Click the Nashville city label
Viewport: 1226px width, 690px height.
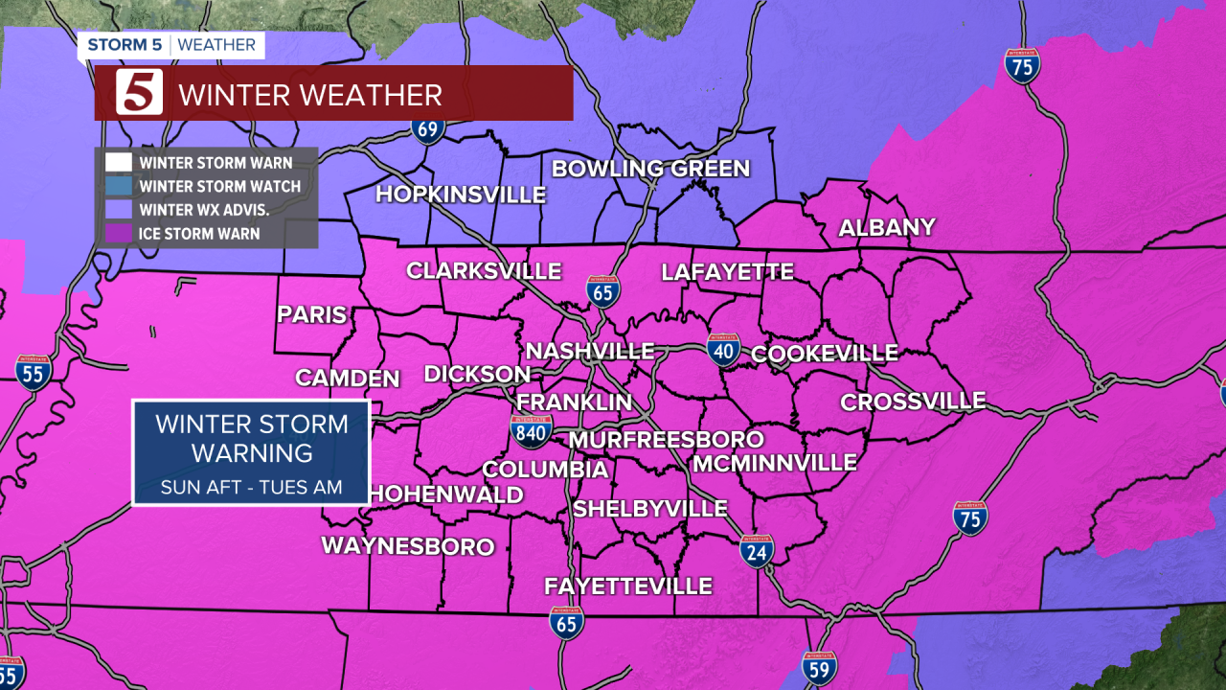click(589, 351)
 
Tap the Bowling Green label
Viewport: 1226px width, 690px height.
click(650, 169)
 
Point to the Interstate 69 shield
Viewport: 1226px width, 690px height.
click(428, 128)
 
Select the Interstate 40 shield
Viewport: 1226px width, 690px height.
click(723, 350)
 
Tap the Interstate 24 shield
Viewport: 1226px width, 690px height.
click(757, 550)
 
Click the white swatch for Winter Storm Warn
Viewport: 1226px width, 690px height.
click(119, 163)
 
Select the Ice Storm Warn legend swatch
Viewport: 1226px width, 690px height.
click(119, 233)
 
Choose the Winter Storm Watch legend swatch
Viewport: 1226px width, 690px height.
click(119, 186)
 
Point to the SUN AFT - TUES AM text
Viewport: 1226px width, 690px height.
click(251, 488)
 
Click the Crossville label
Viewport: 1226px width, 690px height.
click(913, 401)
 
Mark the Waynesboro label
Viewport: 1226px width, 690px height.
click(407, 546)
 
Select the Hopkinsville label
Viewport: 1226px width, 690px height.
click(460, 195)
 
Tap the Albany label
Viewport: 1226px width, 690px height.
click(886, 227)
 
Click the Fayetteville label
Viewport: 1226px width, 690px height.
click(627, 586)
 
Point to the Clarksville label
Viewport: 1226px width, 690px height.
click(484, 271)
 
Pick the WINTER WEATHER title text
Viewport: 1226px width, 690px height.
click(309, 95)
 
